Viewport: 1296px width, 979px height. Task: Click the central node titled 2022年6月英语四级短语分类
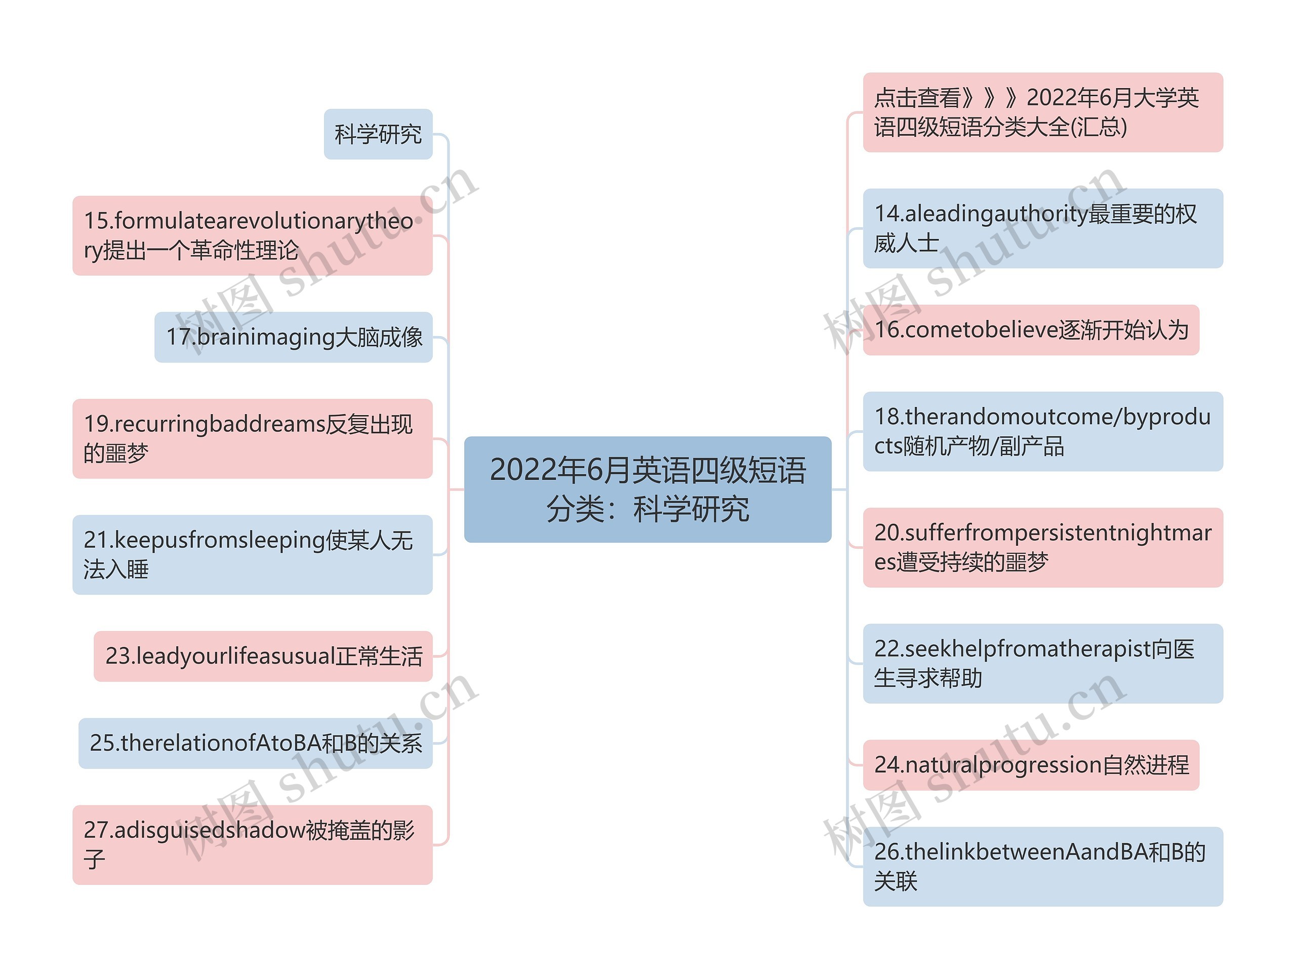647,488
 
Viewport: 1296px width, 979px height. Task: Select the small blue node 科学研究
378,134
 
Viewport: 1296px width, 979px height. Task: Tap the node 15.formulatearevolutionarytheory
252,235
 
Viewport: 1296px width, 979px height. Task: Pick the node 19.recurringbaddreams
252,438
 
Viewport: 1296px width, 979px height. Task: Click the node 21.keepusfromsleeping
252,554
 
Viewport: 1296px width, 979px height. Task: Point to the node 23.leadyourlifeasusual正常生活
263,656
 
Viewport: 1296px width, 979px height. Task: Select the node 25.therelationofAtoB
256,743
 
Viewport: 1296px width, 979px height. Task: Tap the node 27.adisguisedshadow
252,844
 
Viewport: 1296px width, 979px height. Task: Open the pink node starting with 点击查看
1043,112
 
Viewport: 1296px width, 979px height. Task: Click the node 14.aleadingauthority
1043,228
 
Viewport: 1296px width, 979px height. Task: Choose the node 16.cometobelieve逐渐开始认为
1031,330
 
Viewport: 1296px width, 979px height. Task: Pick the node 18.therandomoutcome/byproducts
1043,431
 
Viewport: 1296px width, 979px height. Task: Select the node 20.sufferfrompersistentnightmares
1043,547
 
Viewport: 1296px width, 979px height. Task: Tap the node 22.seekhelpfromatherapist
1043,663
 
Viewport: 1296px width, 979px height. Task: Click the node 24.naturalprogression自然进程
1031,765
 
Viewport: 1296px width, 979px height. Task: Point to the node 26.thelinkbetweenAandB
1043,867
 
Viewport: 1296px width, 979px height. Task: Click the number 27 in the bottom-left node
97,830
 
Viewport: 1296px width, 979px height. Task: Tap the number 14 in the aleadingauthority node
887,214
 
